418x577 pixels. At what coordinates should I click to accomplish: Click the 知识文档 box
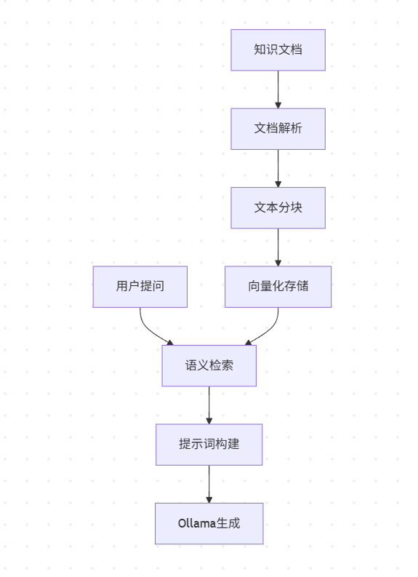point(278,50)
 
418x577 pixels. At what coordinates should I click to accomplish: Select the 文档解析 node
point(278,129)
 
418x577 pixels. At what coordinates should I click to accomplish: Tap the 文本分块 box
point(278,207)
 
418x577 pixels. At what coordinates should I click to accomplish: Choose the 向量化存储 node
point(278,286)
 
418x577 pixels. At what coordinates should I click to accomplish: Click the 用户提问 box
point(140,286)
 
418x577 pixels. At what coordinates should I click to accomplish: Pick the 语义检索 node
point(209,365)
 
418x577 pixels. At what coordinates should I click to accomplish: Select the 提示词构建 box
point(209,444)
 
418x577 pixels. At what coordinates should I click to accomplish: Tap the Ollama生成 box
point(209,523)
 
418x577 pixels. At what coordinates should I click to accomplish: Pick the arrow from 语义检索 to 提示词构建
point(209,403)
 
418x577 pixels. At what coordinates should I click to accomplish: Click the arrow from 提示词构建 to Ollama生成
point(209,482)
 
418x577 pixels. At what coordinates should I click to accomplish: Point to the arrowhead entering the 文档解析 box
point(278,105)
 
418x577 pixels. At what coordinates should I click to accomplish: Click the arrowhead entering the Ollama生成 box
point(209,499)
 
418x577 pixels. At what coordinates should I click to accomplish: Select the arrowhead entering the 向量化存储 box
point(278,262)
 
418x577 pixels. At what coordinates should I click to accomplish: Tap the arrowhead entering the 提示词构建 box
point(209,421)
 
